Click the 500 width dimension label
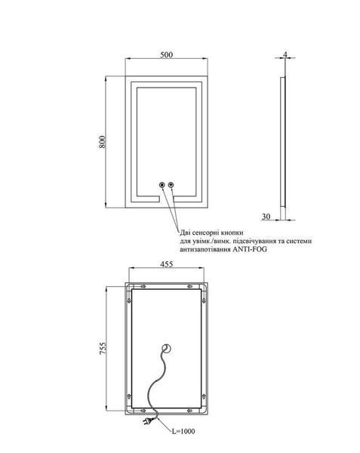pos(167,54)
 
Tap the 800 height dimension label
pos(102,142)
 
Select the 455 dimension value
pos(167,264)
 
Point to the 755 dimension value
pos(103,348)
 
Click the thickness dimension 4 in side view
pos(285,54)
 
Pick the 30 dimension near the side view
pos(266,216)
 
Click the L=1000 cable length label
pos(183,431)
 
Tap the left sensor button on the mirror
pos(162,185)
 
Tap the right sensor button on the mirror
pos(171,185)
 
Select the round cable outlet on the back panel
pos(167,348)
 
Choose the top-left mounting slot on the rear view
pos(143,286)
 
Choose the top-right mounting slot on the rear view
pos(190,286)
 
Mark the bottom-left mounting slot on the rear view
pos(143,410)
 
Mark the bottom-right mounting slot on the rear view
pos(189,410)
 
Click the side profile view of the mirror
pos(283,142)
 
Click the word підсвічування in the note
pos(254,241)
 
